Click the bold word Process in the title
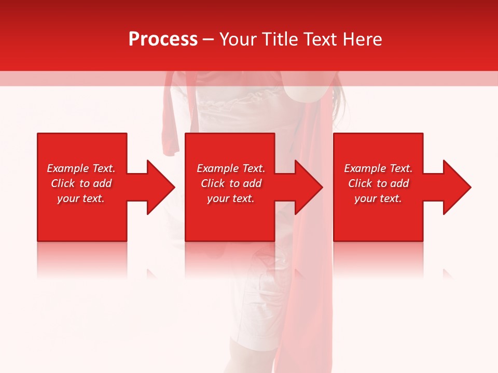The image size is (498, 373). [163, 39]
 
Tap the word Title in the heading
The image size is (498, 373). [279, 39]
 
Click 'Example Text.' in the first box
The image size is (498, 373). [81, 168]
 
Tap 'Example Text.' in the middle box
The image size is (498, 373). [231, 168]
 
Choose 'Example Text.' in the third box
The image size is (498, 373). [378, 168]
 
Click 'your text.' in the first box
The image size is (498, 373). [81, 198]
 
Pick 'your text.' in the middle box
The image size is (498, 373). [231, 198]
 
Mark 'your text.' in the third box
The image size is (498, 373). [378, 198]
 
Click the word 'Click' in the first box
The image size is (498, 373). [63, 183]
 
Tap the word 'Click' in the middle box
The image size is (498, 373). [213, 183]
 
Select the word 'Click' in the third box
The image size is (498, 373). [360, 183]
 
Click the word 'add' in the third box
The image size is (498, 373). [399, 183]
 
